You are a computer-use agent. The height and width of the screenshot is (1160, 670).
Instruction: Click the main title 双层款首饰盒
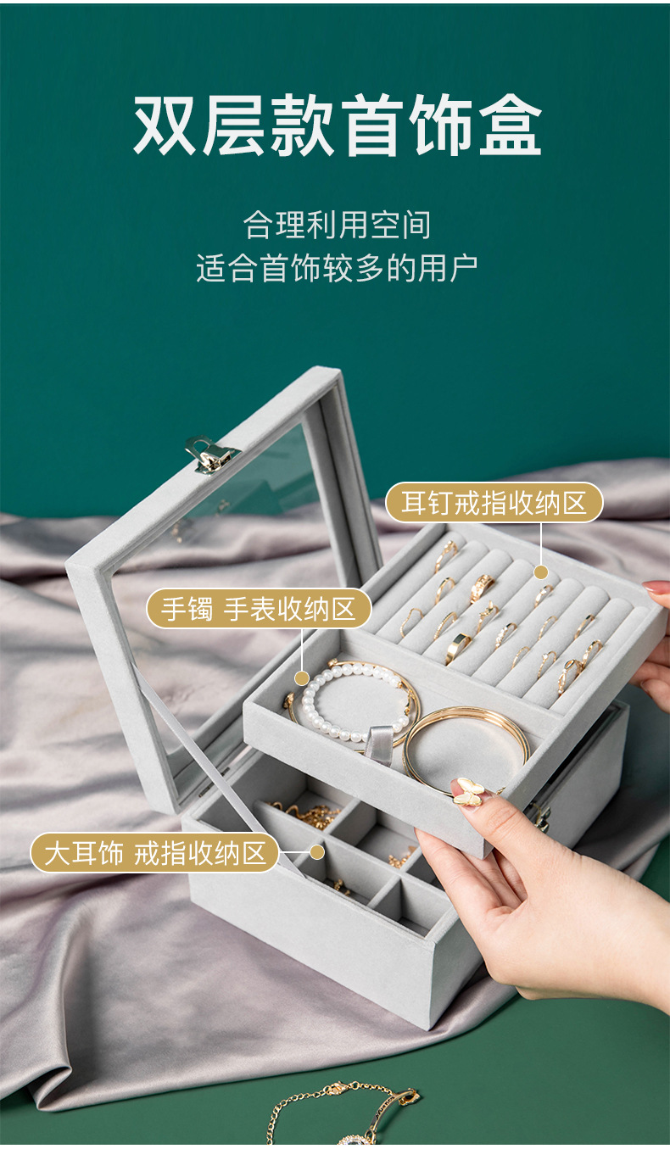click(337, 125)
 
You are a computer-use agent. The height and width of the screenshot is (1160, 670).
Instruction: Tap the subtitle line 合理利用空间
click(337, 225)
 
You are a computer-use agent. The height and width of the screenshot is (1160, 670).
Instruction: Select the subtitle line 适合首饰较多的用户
click(337, 267)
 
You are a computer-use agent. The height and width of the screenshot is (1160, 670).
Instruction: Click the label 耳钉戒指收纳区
click(494, 503)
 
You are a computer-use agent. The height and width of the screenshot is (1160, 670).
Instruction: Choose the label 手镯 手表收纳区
click(259, 609)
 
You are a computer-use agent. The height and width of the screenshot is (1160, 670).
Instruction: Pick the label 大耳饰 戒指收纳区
click(155, 852)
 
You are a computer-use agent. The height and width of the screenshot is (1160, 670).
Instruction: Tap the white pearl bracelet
click(352, 700)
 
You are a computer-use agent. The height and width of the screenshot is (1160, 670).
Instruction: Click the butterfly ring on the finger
click(469, 792)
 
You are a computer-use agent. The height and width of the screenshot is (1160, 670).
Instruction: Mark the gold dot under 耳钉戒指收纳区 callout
click(541, 572)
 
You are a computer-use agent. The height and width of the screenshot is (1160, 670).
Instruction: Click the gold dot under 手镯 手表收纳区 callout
click(301, 678)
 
